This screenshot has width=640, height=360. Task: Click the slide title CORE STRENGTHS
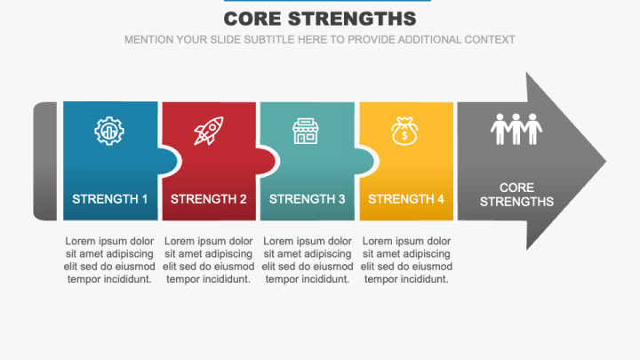click(x=320, y=19)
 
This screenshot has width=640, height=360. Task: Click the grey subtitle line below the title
click(x=320, y=40)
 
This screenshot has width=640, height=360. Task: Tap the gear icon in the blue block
click(x=109, y=132)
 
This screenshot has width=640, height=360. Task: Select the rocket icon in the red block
click(x=209, y=132)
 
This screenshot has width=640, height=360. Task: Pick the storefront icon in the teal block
click(x=307, y=132)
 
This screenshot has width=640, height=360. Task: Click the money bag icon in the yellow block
click(x=405, y=132)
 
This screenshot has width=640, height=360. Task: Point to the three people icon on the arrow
click(x=516, y=129)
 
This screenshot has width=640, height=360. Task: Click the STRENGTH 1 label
click(x=109, y=199)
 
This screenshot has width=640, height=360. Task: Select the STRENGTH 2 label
click(x=209, y=199)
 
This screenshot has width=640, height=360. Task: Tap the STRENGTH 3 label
click(x=308, y=199)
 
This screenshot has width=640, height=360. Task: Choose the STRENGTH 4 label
click(x=406, y=199)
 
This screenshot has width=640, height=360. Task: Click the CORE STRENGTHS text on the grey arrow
click(x=516, y=195)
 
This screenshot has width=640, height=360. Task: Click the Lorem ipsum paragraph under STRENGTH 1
click(x=109, y=260)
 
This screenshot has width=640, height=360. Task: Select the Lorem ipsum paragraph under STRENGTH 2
click(x=209, y=260)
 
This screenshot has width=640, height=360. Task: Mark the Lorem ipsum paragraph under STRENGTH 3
click(x=308, y=260)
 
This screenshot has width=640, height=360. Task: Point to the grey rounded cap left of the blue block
click(x=45, y=161)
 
